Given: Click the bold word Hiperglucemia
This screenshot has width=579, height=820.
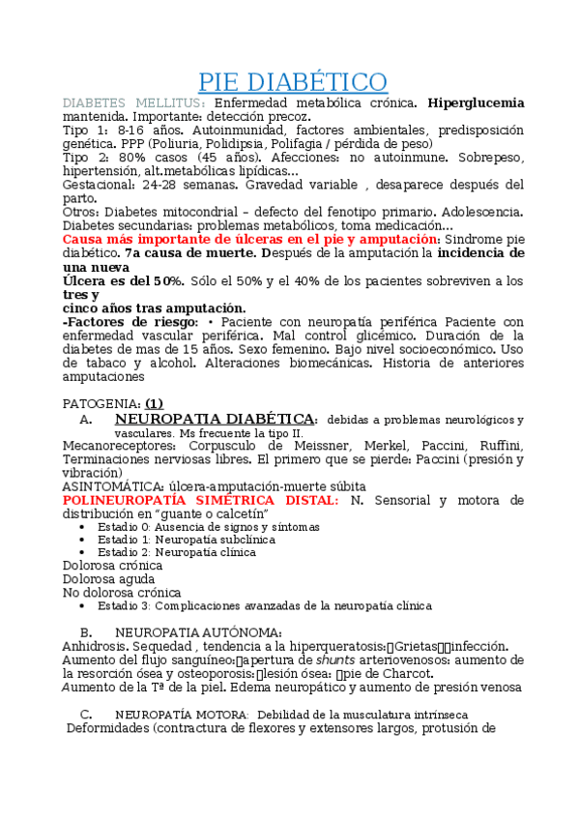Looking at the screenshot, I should coord(478,102).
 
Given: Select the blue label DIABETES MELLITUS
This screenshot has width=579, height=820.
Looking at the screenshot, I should coord(133,102).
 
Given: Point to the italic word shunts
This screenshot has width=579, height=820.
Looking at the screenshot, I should coord(334,659).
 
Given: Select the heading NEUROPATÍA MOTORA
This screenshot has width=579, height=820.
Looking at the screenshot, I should coord(181,714).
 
